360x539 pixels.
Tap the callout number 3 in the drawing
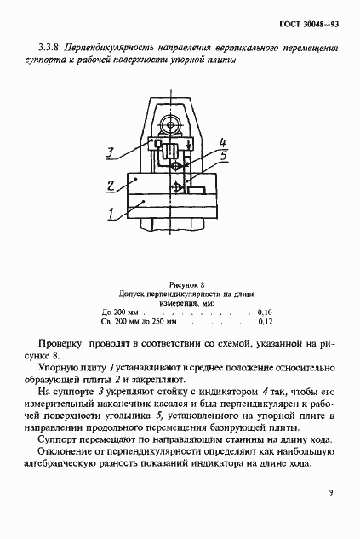(110, 154)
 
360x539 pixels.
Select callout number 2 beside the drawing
(111, 186)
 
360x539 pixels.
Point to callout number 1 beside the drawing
(111, 215)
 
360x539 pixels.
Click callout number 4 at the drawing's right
(222, 142)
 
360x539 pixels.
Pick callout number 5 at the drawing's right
(224, 156)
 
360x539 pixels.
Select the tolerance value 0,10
(265, 313)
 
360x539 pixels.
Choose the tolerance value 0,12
(265, 324)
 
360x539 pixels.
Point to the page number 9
(331, 490)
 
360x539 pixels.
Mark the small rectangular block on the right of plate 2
(203, 182)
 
